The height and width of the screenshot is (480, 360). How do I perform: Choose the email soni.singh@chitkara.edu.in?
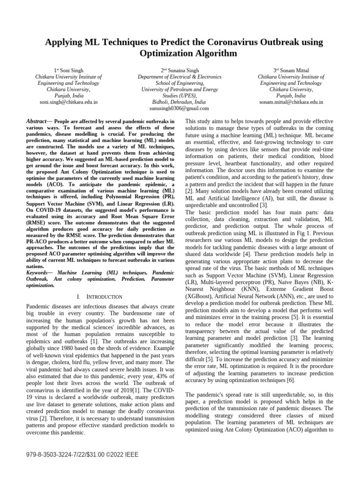68,102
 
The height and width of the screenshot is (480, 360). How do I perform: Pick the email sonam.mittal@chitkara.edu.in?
291,102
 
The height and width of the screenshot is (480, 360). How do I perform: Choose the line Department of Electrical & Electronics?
180,76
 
